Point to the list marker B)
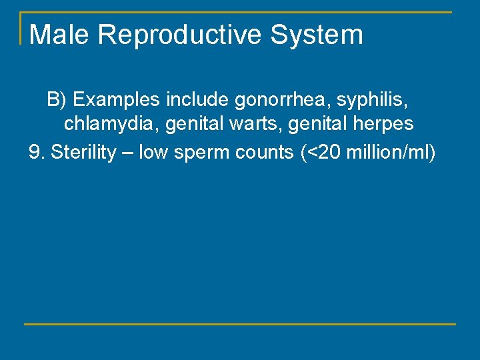click(x=57, y=100)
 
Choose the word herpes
click(x=384, y=124)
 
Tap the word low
click(x=153, y=153)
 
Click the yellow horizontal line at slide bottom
click(x=240, y=324)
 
